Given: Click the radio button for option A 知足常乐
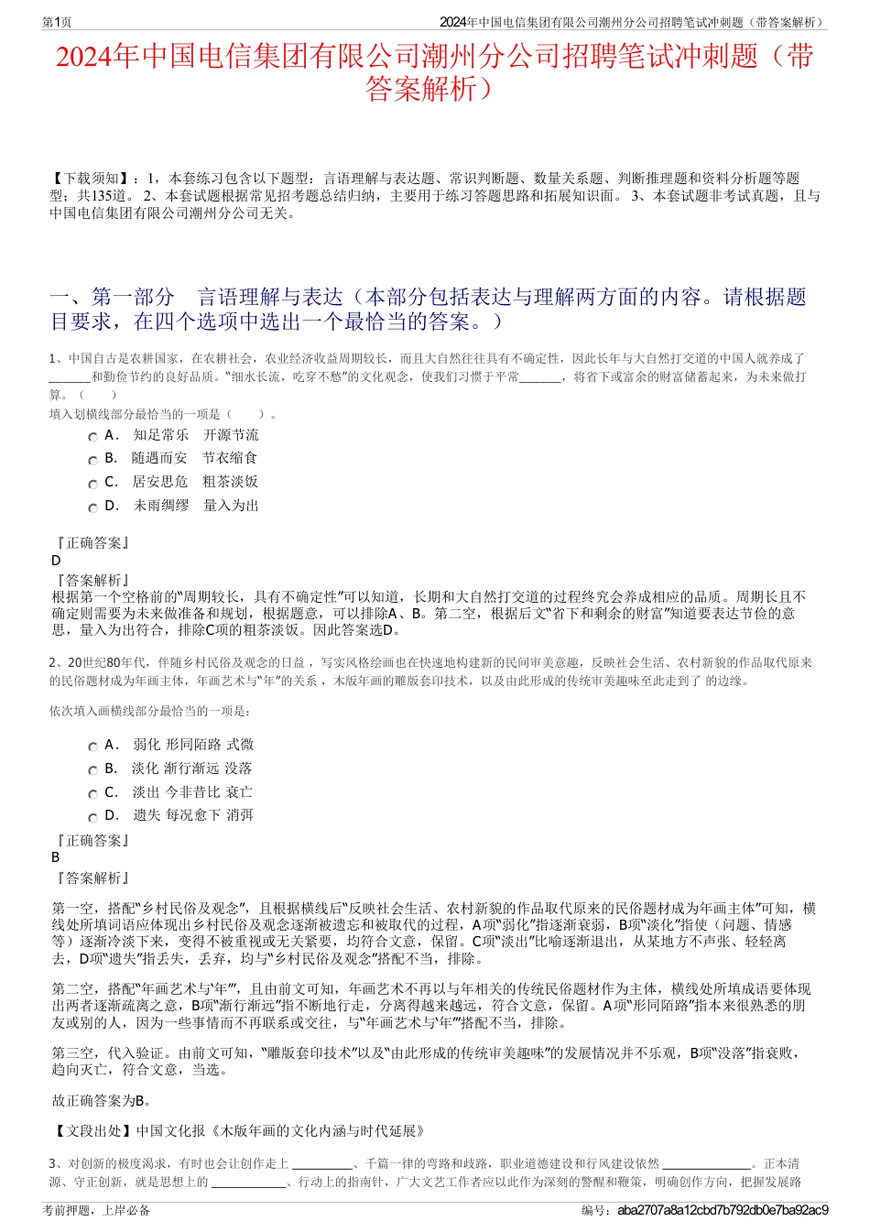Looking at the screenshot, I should (x=92, y=437).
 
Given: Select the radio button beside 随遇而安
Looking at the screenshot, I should (x=92, y=460).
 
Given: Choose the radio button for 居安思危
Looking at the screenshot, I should (x=92, y=484).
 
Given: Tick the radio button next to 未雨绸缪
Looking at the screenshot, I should (x=92, y=507).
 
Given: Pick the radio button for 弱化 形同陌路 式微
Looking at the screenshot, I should (x=92, y=747).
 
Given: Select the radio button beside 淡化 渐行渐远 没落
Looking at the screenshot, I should (x=92, y=770).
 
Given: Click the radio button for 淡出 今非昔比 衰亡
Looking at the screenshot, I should (x=92, y=794).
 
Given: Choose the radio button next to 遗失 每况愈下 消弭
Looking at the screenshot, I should (x=92, y=817).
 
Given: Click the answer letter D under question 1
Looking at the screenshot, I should (x=57, y=561).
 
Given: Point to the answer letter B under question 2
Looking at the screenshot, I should (x=56, y=857).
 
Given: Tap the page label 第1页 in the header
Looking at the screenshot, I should (x=58, y=22).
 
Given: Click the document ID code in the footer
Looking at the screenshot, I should (x=723, y=1210).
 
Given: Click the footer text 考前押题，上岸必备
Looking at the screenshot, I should (x=96, y=1210).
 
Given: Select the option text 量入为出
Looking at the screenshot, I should (x=231, y=505).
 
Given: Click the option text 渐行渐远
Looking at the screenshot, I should (x=192, y=769).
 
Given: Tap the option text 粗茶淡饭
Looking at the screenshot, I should (x=230, y=481).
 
